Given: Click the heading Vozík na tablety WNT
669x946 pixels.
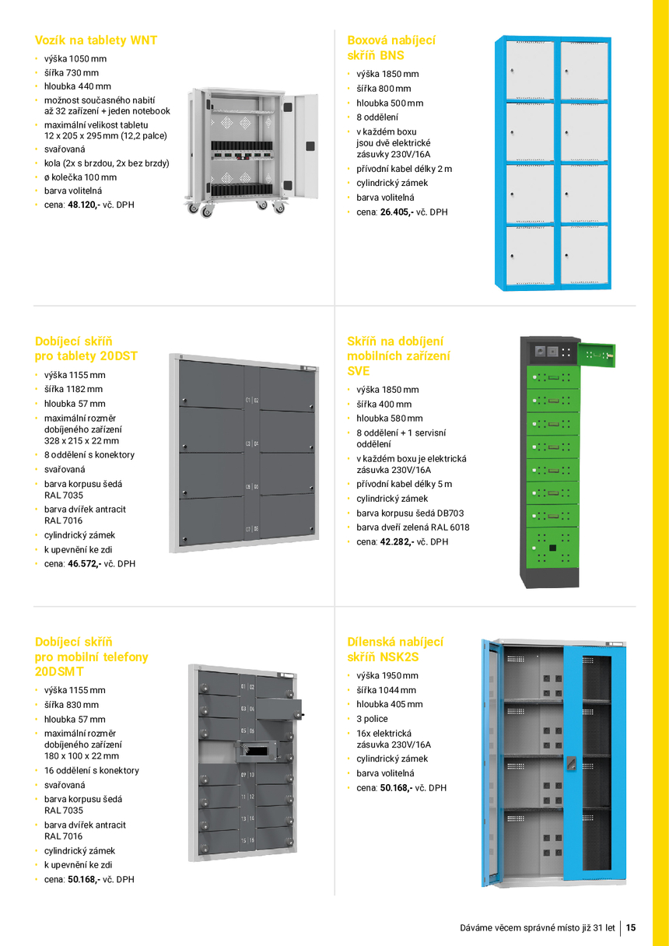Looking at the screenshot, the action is coord(96,40).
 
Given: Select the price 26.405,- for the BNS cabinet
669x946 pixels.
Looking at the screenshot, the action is coord(397,212).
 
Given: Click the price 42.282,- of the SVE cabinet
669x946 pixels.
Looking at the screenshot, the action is coord(397,541).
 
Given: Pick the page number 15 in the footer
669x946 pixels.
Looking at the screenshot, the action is coord(631,927).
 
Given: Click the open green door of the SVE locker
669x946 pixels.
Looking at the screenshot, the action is coord(597,356).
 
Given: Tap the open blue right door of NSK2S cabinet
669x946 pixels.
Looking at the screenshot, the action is coord(594,763).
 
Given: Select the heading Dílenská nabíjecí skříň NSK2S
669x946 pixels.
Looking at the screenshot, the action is coord(395,649).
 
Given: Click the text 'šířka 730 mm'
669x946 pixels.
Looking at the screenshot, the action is coord(72,72).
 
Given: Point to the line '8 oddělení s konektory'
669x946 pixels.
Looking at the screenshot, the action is coord(89,455).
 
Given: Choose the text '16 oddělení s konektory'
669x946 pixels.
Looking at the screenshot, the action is coord(92,770).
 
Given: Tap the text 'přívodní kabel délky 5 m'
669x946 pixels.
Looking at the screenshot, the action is coord(405,484).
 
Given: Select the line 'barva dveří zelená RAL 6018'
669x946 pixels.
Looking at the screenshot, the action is coord(412,527).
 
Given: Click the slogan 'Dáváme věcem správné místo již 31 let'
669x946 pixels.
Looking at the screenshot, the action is coord(538,928).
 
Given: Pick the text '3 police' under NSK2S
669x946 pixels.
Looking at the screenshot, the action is coord(372,719).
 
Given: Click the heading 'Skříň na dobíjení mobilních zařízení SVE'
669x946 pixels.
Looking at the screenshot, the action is coord(398,356).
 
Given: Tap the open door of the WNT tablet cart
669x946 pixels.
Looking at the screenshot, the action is coord(304,146).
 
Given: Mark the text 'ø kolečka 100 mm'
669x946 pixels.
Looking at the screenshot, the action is coord(80,177).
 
